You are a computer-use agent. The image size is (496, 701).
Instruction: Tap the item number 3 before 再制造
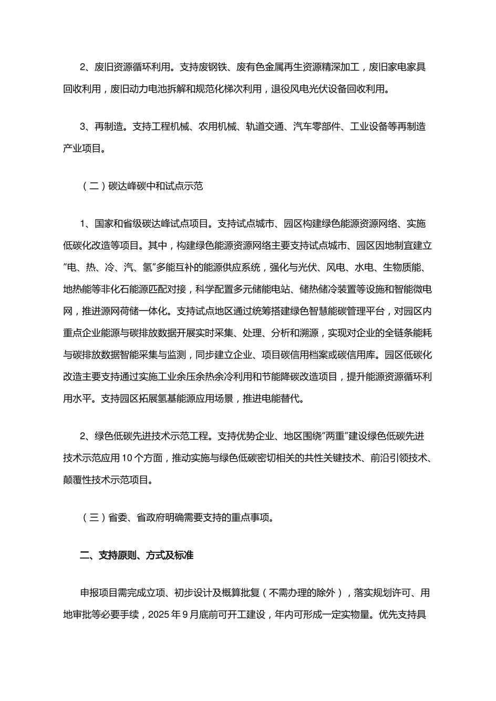pyautogui.click(x=83, y=127)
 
